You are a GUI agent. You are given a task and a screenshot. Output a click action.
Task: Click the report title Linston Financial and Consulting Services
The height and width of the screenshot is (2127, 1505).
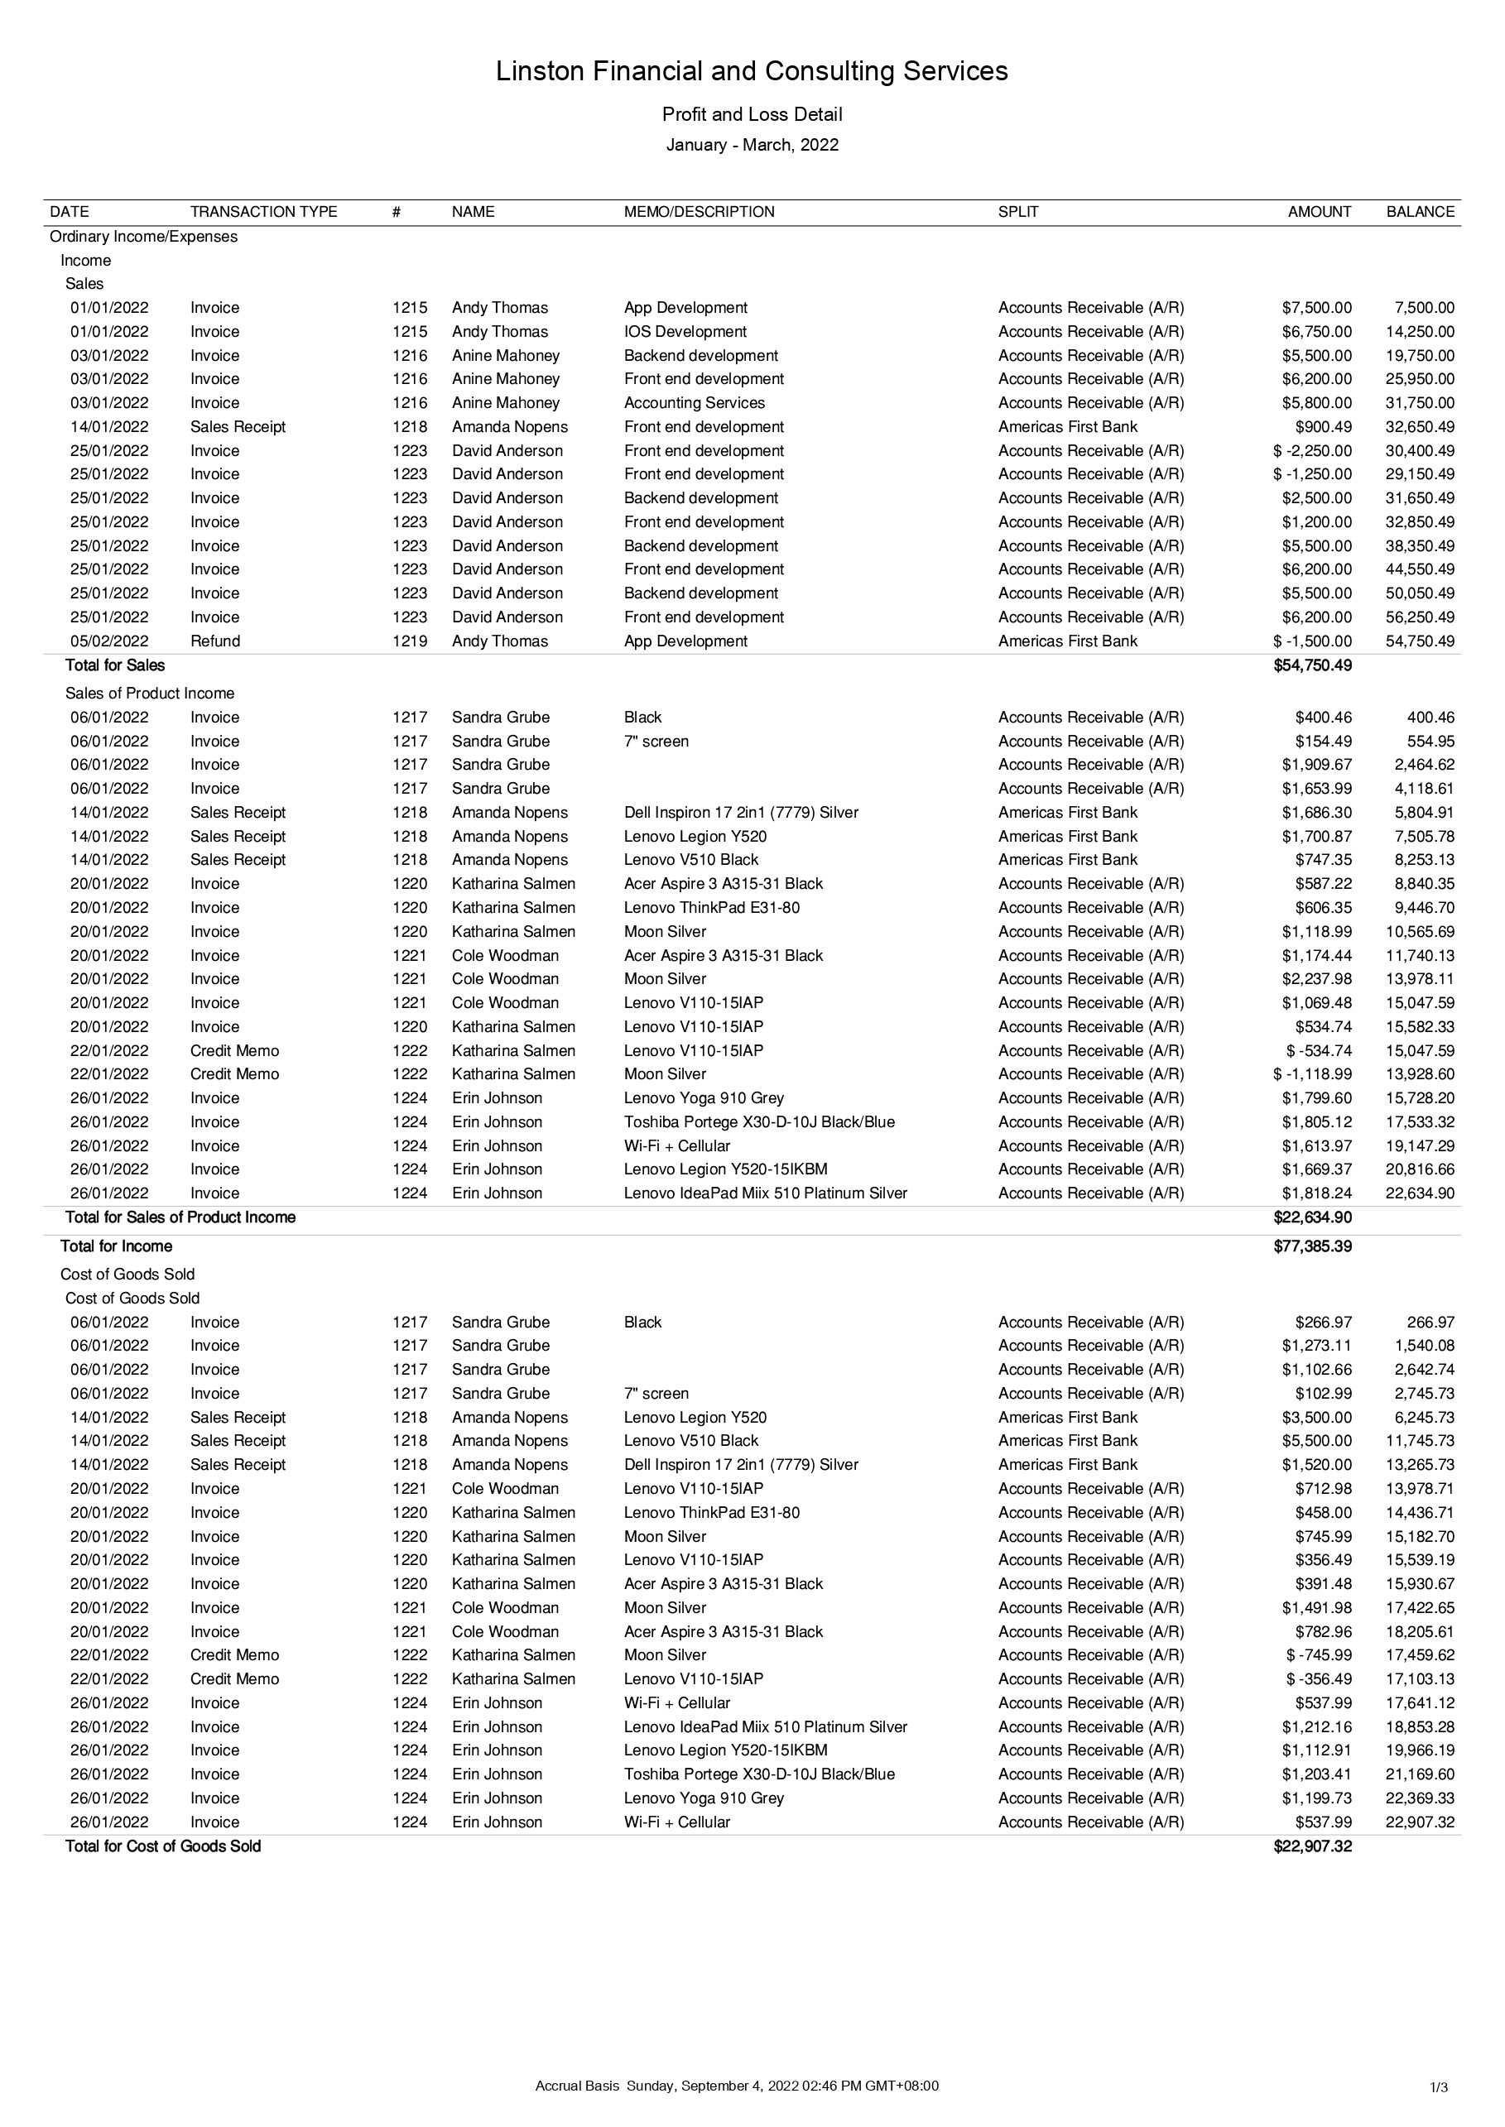(x=752, y=71)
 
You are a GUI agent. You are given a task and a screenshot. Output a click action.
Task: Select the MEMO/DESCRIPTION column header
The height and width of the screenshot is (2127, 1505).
(x=699, y=212)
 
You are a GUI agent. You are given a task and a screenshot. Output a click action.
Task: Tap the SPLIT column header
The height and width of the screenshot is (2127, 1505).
(x=1017, y=212)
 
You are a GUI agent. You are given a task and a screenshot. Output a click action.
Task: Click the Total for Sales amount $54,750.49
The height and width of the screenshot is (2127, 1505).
(x=1312, y=665)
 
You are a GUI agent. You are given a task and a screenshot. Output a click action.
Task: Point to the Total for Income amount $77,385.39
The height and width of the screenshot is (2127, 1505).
(x=1312, y=1247)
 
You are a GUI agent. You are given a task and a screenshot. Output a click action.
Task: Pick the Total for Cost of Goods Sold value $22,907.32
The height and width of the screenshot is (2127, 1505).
(x=1312, y=1846)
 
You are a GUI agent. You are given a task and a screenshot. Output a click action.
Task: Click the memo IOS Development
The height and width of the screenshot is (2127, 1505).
(x=685, y=332)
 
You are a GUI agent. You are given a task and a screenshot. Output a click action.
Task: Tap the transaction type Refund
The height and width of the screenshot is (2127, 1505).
(x=215, y=641)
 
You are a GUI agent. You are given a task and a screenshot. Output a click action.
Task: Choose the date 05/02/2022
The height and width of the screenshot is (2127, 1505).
(x=109, y=641)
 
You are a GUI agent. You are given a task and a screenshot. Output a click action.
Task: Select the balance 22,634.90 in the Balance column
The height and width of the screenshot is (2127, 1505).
(x=1420, y=1194)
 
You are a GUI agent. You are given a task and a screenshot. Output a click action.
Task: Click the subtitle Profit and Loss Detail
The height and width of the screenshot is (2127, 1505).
(x=752, y=115)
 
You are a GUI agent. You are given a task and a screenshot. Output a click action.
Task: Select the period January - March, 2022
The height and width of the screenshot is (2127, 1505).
(x=752, y=146)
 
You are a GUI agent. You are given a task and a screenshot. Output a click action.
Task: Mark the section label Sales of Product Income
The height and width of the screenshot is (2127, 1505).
(x=149, y=694)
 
